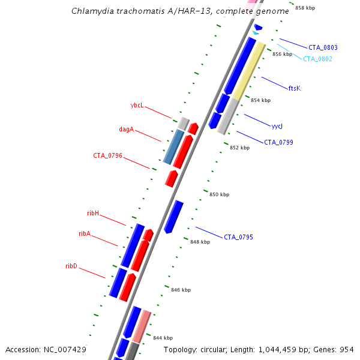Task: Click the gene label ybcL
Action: [x=137, y=105]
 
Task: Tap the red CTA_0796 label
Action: [x=107, y=155]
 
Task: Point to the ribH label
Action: [x=93, y=213]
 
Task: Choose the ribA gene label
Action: [x=85, y=233]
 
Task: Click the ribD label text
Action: [x=71, y=266]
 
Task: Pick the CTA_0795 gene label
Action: [x=238, y=237]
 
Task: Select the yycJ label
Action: [x=277, y=127]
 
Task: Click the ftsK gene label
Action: [x=294, y=88]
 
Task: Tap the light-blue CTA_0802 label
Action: [x=317, y=59]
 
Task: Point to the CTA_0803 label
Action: [x=323, y=47]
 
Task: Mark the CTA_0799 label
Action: [x=278, y=142]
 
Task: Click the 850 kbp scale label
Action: [x=219, y=194]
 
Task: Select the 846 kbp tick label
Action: [x=181, y=290]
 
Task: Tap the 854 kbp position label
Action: [x=260, y=100]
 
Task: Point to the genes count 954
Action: [x=346, y=349]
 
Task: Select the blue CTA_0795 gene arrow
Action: [x=173, y=217]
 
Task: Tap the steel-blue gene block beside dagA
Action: [x=173, y=146]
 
